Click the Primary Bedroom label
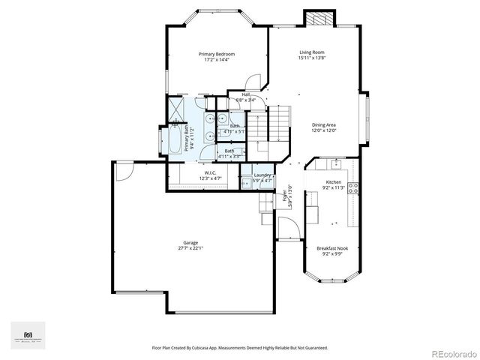pyautogui.click(x=217, y=54)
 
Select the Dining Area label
pyautogui.click(x=324, y=124)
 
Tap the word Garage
pyautogui.click(x=191, y=242)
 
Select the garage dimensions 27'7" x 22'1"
pyautogui.click(x=191, y=248)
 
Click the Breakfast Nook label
pyautogui.click(x=331, y=248)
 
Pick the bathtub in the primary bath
pyautogui.click(x=172, y=140)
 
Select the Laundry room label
pyautogui.click(x=262, y=175)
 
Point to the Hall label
pyautogui.click(x=245, y=94)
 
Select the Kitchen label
pyautogui.click(x=333, y=182)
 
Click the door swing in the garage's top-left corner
pyautogui.click(x=124, y=170)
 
